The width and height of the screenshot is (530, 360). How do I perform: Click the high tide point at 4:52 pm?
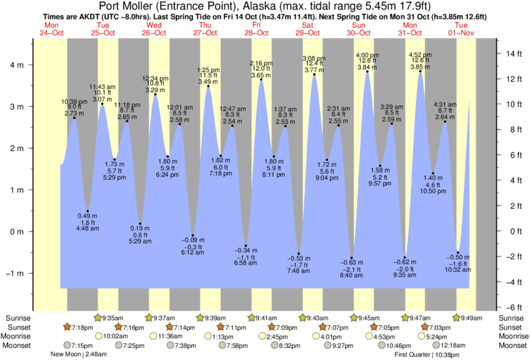click(x=420, y=70)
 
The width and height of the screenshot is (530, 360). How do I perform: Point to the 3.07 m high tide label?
click(x=102, y=99)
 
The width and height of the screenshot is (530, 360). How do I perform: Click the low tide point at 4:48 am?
click(x=88, y=211)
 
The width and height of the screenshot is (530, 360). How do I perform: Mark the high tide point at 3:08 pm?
click(x=315, y=74)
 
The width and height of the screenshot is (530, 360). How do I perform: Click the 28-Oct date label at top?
click(x=257, y=33)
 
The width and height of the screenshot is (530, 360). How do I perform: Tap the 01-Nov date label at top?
click(x=462, y=33)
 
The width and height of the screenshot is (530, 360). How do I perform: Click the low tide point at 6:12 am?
click(x=193, y=235)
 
